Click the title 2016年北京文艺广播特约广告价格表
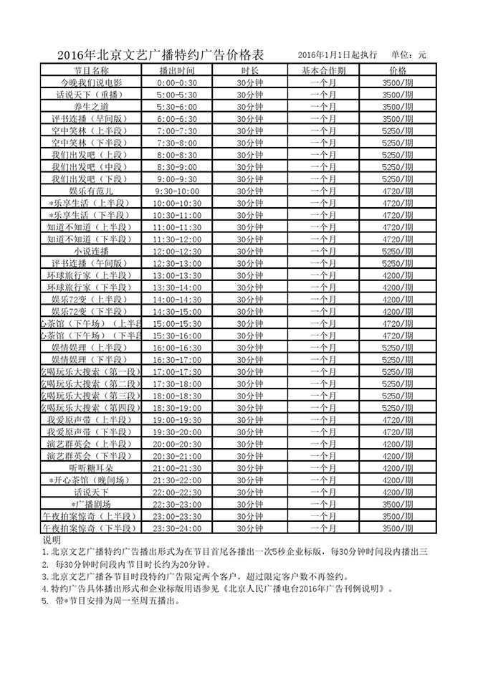160,56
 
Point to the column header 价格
398,71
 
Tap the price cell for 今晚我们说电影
398,83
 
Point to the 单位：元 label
408,55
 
